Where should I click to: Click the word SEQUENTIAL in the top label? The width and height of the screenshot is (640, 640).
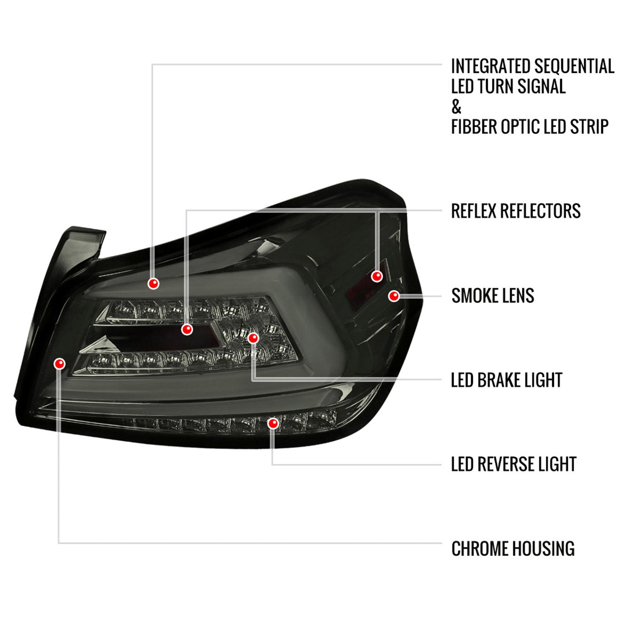574,66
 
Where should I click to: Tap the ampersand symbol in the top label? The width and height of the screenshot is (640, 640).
457,107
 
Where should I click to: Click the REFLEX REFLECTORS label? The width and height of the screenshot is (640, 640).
516,211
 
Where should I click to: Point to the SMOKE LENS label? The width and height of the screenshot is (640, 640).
493,296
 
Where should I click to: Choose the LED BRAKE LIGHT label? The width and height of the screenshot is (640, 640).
506,380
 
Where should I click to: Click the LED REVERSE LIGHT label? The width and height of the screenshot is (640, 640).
514,464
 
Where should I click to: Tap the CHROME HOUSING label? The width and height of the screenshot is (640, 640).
513,549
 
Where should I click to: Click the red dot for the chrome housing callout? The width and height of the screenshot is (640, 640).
60,364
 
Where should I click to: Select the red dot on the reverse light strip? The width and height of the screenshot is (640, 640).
273,424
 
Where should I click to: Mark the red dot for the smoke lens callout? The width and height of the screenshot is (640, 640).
394,296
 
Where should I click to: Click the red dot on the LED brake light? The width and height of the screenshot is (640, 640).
253,338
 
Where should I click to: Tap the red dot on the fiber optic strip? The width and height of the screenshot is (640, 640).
153,283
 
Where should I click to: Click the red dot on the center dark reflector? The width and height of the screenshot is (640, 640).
187,329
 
